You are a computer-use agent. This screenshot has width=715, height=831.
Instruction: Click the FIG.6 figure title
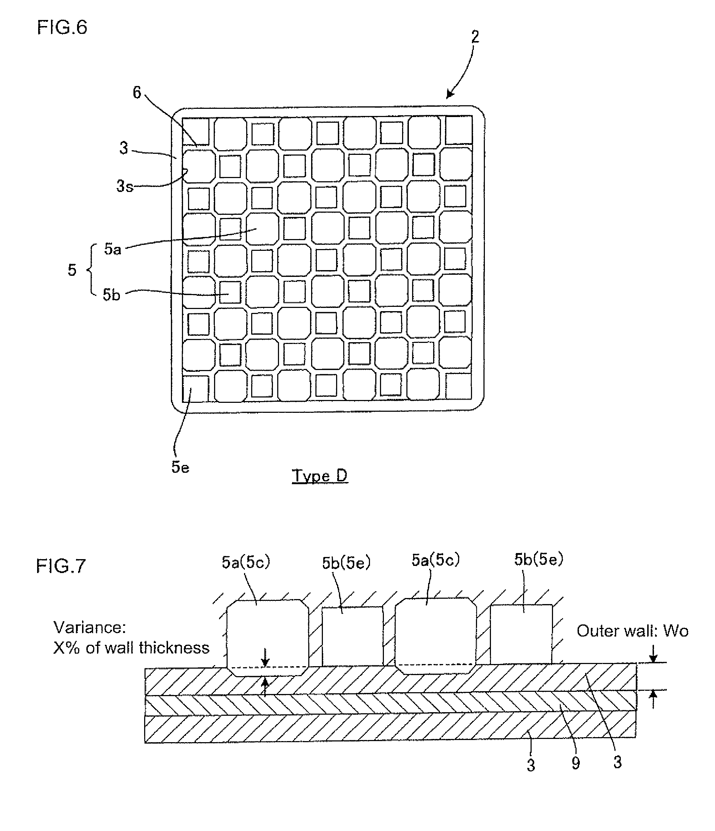pos(62,28)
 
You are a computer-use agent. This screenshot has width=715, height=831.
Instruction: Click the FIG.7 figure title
pos(61,566)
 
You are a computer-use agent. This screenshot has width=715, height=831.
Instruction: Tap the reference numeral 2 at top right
pos(475,37)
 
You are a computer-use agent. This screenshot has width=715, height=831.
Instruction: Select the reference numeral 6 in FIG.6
pos(137,93)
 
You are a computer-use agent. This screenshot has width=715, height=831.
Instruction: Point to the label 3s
pos(125,186)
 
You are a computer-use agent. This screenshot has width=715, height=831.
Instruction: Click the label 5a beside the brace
pos(113,249)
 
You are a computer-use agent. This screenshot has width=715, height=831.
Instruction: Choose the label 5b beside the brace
pos(111,295)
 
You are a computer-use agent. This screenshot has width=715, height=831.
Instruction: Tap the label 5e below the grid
pos(181,467)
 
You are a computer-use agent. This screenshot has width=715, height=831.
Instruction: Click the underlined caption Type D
pos(320,476)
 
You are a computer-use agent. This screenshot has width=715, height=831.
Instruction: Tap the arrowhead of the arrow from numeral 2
pos(450,95)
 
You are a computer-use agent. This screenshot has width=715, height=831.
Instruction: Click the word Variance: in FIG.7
pos(90,628)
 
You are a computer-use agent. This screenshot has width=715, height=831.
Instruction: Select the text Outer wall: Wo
pos(632,631)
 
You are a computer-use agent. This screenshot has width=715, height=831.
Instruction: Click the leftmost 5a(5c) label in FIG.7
pos(246,562)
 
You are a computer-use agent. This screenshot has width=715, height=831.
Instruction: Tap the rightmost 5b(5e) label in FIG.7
pos(539,559)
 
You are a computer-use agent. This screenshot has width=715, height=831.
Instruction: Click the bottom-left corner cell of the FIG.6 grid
pos(196,389)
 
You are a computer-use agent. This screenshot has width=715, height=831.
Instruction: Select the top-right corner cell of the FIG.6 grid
pos(459,130)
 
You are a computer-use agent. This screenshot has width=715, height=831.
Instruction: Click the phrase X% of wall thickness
pos(132,648)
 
